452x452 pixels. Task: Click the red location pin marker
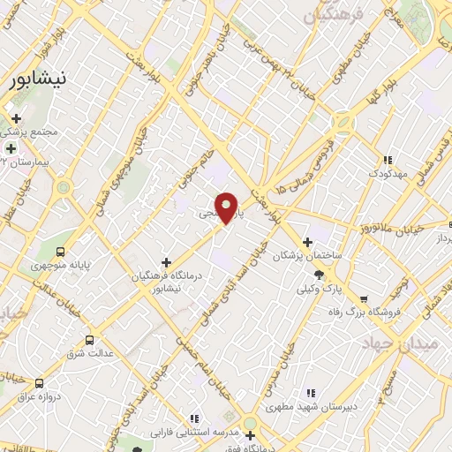pos(227,207)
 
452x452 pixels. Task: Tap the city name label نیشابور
pos(36,81)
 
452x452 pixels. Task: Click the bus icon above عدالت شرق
pos(89,339)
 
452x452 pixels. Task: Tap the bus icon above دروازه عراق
pos(39,383)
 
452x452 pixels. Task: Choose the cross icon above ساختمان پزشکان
pos(307,242)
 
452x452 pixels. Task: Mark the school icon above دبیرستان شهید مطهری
pos(310,393)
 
